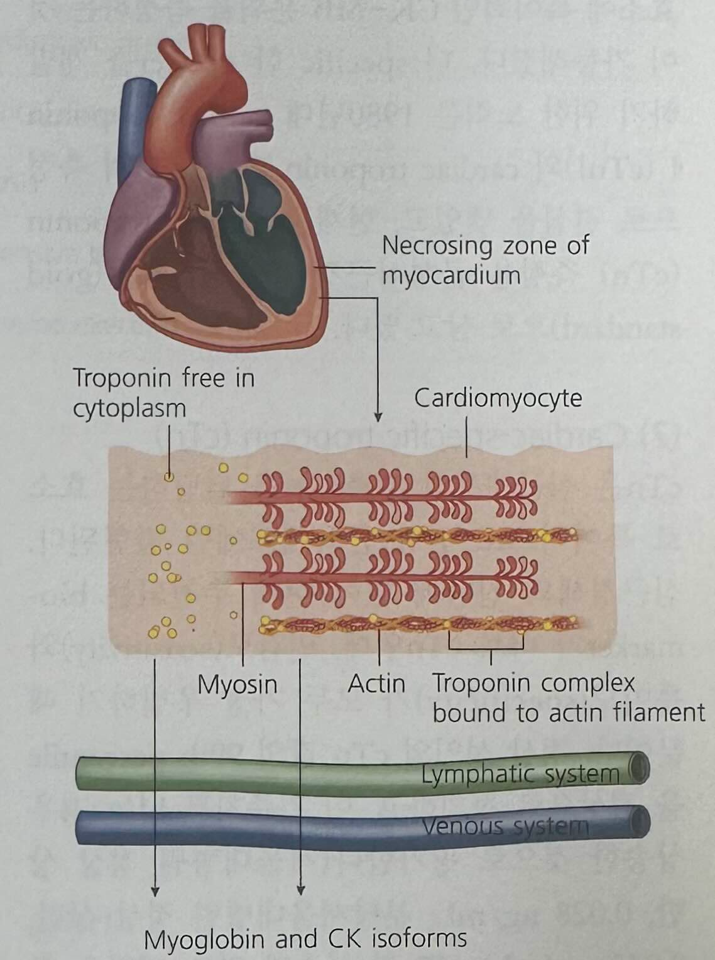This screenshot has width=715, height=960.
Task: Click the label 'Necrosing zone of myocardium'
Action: click(484, 259)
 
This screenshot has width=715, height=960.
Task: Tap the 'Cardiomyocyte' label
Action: click(498, 398)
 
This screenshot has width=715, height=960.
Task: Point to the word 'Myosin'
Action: click(237, 684)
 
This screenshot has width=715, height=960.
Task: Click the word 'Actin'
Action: click(376, 684)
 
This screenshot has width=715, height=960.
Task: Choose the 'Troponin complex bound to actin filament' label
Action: click(568, 698)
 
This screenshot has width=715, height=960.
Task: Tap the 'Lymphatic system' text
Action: click(520, 773)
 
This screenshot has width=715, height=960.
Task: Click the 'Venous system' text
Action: click(506, 826)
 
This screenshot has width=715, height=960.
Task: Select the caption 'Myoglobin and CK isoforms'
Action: click(305, 939)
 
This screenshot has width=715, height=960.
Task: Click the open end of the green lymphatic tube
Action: click(638, 770)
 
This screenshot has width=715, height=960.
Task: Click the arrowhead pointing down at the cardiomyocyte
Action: click(378, 416)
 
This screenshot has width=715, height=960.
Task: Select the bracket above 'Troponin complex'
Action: click(485, 648)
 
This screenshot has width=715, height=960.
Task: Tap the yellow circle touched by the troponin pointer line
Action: click(168, 477)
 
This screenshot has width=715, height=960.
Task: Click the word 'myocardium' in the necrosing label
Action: click(451, 275)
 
